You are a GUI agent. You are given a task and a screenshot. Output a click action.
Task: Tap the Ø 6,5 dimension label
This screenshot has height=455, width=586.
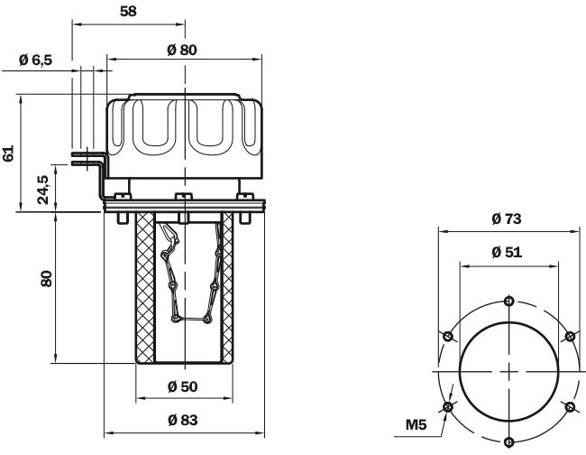pos(37,60)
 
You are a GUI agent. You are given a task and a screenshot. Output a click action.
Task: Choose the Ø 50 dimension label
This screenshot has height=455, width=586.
pos(182,387)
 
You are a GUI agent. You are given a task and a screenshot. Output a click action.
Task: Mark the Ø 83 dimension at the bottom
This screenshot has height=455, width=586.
pos(182,419)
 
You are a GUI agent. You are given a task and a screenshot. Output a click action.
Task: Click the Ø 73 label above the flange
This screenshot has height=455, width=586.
pos(508,218)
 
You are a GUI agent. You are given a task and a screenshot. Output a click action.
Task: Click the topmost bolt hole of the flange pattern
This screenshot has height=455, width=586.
pos(509,301)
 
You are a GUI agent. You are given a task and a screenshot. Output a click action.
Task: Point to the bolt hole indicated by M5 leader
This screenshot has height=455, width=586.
pos(449,407)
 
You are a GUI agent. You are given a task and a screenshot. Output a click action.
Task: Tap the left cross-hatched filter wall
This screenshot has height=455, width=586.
pos(144,287)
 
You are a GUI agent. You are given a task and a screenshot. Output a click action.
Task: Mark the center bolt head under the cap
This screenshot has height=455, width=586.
pos(182,198)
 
